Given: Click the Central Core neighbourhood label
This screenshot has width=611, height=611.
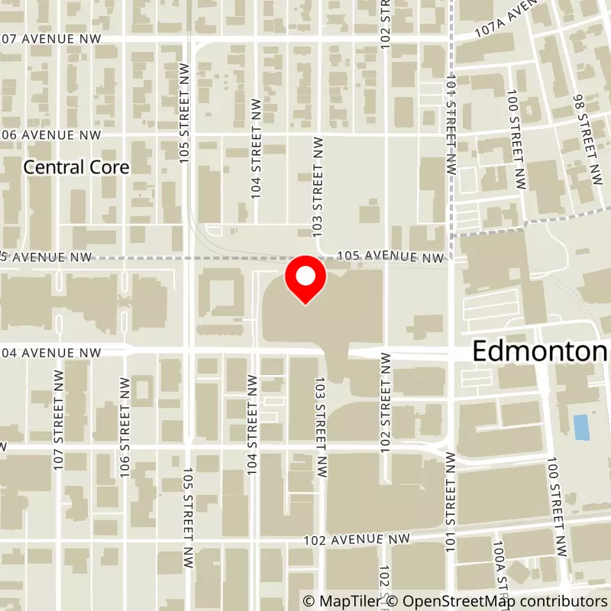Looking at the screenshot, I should click(76, 166).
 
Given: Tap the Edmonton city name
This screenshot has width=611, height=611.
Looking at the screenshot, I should click(541, 351).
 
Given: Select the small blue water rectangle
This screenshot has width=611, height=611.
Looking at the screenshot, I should click(581, 428).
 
